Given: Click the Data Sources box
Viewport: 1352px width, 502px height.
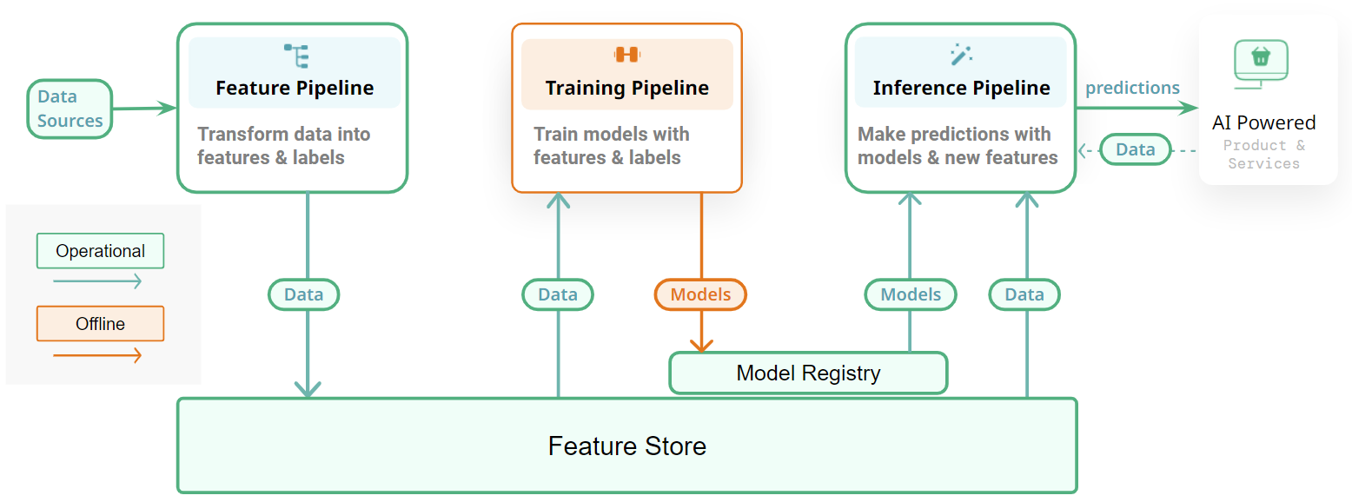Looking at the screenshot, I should pos(70,109).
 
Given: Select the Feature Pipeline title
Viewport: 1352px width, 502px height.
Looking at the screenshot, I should pos(295,88).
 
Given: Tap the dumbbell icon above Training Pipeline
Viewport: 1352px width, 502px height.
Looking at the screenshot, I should pos(626,55).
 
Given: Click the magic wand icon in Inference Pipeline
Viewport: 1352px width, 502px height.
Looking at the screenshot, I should pos(960,55).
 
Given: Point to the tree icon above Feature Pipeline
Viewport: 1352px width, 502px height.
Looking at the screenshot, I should pos(296,56).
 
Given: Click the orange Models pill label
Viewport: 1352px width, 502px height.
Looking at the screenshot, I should pos(700,294).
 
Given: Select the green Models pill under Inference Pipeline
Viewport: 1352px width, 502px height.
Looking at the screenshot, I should pos(910,294).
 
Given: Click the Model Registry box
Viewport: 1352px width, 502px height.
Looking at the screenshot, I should pos(808,373).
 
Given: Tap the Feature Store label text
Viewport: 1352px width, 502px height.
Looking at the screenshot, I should pos(626,446).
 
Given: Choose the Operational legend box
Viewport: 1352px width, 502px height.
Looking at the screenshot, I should pos(100,251).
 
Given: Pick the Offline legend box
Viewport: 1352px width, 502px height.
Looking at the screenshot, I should pos(100,324).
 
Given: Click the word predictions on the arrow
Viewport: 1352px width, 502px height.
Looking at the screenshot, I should pos(1132,88).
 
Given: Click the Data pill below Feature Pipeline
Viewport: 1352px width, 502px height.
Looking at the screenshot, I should pos(303,294).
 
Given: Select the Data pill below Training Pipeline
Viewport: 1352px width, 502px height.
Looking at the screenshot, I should pos(557,294).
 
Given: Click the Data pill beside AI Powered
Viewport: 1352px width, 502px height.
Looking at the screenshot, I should pos(1135,149).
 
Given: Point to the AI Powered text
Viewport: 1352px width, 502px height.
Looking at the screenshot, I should pos(1263,122).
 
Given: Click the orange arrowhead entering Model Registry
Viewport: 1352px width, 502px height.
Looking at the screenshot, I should pos(701,345).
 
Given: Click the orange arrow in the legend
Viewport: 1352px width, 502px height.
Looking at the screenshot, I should pos(97,354).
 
